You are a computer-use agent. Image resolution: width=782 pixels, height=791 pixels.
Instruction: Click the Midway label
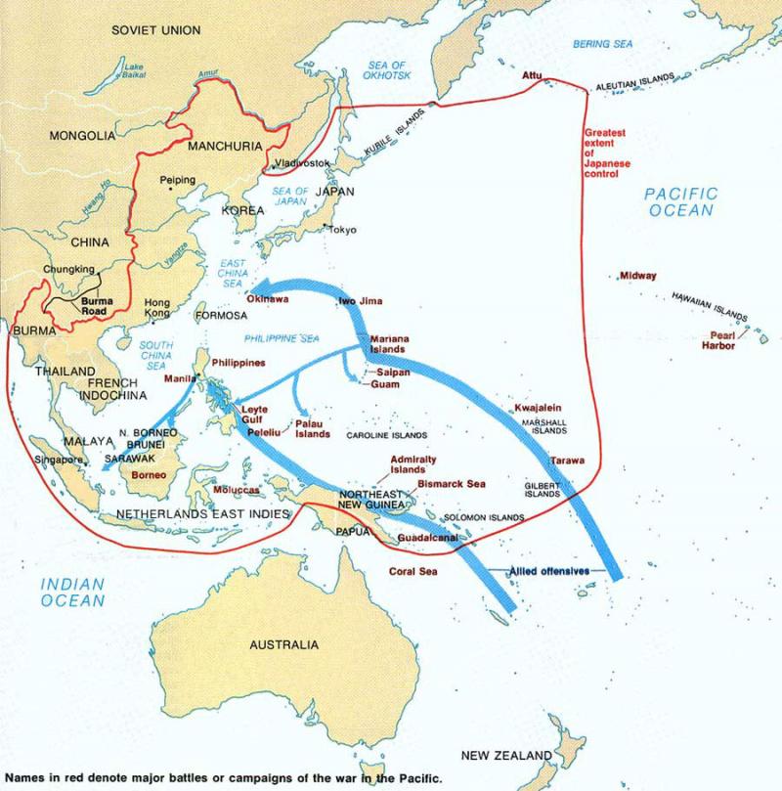(x=638, y=277)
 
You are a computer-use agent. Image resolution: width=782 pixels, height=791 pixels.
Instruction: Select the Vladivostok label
(x=305, y=162)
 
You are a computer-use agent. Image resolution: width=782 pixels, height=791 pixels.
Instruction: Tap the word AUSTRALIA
(x=283, y=645)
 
